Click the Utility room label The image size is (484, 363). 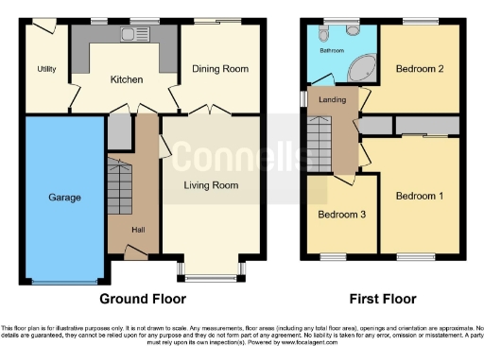coord(47,69)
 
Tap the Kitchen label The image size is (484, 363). coord(126,80)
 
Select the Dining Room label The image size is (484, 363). coord(219,68)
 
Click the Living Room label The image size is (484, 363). coord(211,185)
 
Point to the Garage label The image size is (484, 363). coord(64,198)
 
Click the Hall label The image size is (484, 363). coord(136,230)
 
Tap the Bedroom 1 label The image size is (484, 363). coord(418,196)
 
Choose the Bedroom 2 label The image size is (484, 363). coord(420,69)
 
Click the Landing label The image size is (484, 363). coord(332,99)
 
